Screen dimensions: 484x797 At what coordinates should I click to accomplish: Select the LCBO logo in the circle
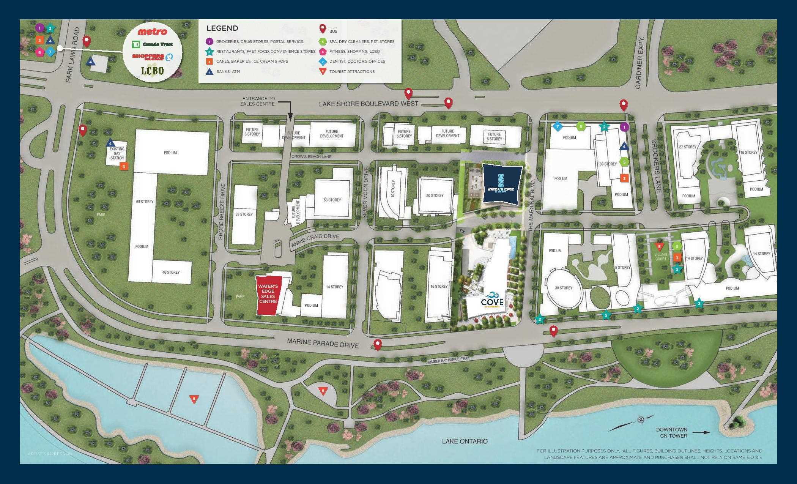pos(153,70)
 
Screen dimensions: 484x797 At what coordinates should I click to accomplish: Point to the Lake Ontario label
pos(465,441)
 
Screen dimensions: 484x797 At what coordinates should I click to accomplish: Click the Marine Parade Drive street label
pos(323,343)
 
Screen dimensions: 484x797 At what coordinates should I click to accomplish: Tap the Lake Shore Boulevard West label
pos(369,104)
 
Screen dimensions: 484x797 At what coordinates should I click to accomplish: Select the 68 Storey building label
pos(145,202)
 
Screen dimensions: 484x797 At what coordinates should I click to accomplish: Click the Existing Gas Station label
pos(117,153)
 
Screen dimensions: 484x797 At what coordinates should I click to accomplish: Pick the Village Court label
pos(661,257)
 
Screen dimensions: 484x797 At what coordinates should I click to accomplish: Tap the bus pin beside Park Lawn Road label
pos(87,41)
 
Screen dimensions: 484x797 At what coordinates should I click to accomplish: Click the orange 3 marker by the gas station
pos(123,166)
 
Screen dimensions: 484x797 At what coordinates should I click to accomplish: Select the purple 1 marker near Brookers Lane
pos(624,127)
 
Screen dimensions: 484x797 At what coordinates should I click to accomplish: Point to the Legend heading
pos(222,28)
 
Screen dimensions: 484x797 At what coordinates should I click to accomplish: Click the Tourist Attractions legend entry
pos(351,71)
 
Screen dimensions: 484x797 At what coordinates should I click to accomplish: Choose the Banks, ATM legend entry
pos(228,71)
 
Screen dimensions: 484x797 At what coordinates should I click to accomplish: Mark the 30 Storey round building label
pos(564,288)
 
